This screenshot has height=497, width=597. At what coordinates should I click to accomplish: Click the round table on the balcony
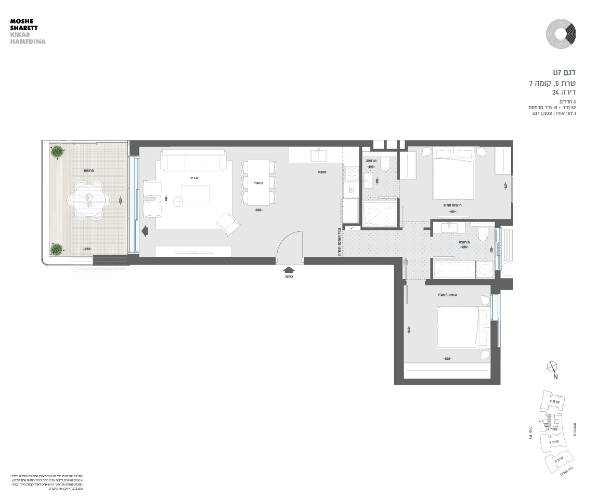[89, 200]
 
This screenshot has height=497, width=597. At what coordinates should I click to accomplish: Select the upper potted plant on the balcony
[57, 152]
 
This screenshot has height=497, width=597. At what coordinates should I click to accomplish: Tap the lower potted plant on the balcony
[56, 249]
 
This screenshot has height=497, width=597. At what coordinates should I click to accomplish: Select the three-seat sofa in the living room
[193, 161]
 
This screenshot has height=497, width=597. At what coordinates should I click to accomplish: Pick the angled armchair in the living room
[228, 224]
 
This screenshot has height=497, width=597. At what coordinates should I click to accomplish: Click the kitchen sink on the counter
[317, 154]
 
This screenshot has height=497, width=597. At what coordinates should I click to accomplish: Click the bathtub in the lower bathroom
[454, 270]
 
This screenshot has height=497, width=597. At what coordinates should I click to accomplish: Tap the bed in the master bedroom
[454, 172]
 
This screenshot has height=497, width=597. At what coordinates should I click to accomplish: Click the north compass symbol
[552, 367]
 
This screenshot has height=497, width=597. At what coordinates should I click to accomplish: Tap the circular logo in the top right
[561, 34]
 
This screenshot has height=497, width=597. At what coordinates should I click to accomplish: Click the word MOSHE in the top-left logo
[21, 21]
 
